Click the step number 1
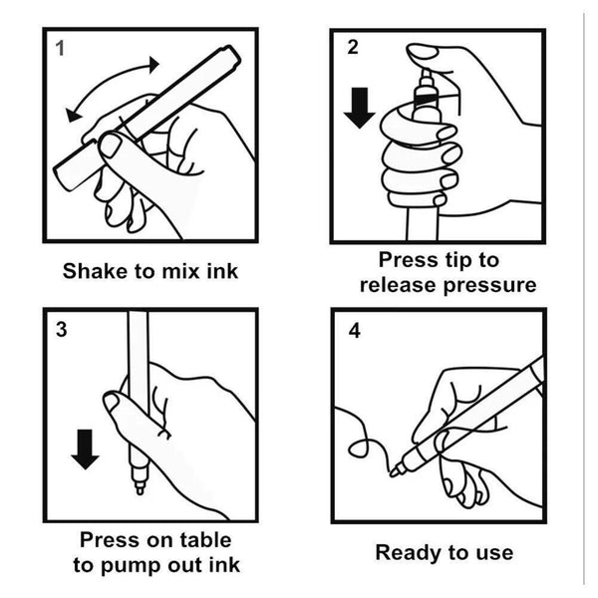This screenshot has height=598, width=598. click(60, 49)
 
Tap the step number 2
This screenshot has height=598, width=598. click(353, 47)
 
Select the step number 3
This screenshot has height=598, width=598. click(62, 330)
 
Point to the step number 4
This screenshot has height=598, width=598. click(354, 331)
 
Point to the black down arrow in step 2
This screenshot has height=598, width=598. click(359, 108)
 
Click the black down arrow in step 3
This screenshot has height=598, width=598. click(85, 449)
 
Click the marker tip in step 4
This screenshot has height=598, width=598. click(395, 471)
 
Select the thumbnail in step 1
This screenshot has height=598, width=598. click(111, 146)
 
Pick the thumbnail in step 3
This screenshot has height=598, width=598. click(112, 402)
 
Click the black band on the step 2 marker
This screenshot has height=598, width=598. click(427, 99)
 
